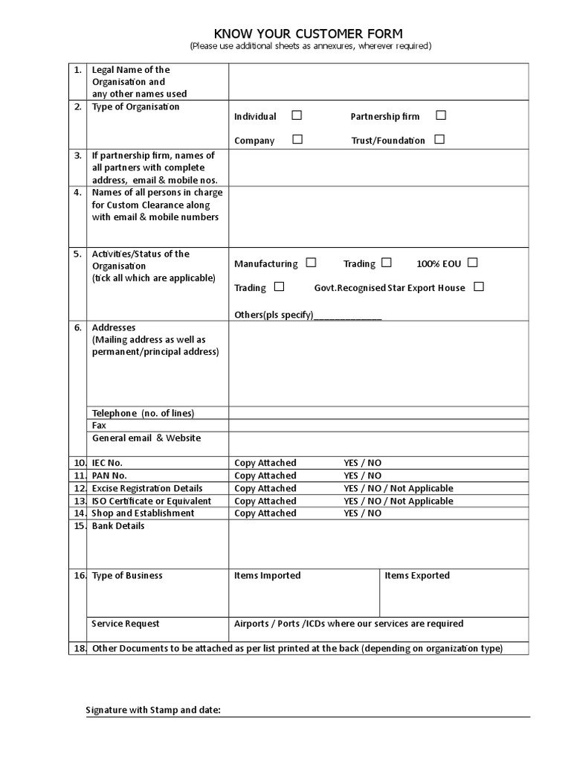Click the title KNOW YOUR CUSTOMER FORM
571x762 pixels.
(x=309, y=33)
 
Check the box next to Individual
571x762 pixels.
(x=297, y=115)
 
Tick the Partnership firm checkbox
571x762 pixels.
(x=441, y=115)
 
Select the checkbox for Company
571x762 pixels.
(x=297, y=139)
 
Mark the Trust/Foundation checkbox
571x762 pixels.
(x=439, y=139)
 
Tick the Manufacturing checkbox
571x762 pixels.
(x=311, y=263)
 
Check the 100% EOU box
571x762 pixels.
(x=472, y=263)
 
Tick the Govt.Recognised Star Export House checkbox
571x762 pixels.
(x=478, y=286)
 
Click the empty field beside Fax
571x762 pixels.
(x=378, y=426)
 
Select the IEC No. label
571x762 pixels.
(x=107, y=463)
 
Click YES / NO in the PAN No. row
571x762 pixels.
(x=362, y=476)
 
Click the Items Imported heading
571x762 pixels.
(x=267, y=575)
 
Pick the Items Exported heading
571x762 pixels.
(x=416, y=575)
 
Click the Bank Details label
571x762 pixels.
(x=118, y=526)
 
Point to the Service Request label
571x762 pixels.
(x=126, y=624)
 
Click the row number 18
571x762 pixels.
(x=80, y=648)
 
